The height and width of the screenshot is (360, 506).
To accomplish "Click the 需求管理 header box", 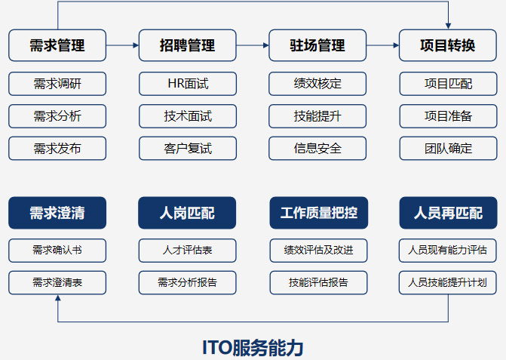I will pos(57,45).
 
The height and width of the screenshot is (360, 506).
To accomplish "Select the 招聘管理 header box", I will pos(188,45).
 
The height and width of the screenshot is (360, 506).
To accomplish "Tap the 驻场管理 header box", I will pos(317,45).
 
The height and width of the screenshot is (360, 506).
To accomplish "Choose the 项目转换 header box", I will pos(448,45).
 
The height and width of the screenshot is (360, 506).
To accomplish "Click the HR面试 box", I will pos(188,84).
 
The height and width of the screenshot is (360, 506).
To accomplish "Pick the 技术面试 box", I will pos(188,116).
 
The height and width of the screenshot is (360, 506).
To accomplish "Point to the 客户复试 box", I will pos(188,149).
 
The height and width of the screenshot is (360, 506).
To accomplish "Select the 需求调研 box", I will pos(57,84).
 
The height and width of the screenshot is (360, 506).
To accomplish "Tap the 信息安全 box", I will pos(317,149).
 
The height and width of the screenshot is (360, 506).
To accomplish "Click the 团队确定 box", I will pos(448,149).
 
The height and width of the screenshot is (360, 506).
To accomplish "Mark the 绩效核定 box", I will pos(317,84).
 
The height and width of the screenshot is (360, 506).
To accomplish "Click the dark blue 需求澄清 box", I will pos(57,213).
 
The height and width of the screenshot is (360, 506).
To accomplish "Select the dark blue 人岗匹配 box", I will pos(188,213).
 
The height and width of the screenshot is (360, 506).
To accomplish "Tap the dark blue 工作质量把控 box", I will pos(317,213).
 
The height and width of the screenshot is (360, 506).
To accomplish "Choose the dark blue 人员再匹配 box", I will pos(448,213).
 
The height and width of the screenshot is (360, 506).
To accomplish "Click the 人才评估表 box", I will pos(188,250).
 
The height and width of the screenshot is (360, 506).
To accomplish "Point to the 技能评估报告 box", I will pos(317,282).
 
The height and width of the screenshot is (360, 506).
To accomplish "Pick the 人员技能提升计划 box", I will pos(448,282).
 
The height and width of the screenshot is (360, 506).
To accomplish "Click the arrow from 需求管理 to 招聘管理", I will pos(123,45).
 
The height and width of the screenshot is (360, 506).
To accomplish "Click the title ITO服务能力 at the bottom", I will pos(253,346).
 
